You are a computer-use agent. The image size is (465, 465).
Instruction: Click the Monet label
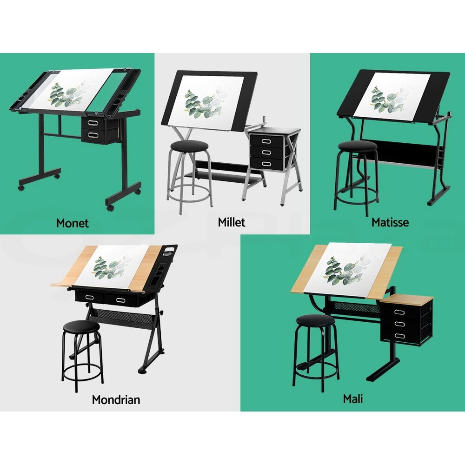tap(72, 223)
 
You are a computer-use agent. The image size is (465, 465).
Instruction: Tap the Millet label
tap(231, 222)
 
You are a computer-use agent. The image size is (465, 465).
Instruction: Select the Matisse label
tap(390, 222)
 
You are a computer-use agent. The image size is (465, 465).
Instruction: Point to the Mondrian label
tap(116, 399)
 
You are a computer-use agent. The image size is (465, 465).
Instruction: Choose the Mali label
tap(352, 399)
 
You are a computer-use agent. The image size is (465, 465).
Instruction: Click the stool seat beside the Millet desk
tap(189, 146)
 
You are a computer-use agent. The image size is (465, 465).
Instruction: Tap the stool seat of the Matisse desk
tap(357, 146)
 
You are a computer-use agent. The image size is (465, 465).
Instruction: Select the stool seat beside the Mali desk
tap(315, 320)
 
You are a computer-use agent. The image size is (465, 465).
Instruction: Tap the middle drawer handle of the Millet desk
tap(267, 152)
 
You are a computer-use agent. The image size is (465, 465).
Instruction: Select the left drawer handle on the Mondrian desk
tap(87, 297)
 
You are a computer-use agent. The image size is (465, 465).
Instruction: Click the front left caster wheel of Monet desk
tap(22, 187)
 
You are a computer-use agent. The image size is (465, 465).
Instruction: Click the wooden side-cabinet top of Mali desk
tap(405, 298)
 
